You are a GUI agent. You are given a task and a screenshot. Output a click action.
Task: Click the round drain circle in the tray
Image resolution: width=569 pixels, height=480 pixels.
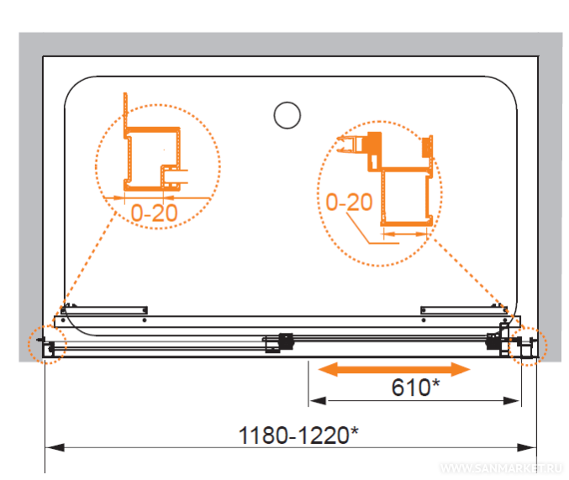(x=287, y=115)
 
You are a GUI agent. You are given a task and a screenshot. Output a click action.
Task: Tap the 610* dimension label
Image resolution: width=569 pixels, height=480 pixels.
(x=415, y=387)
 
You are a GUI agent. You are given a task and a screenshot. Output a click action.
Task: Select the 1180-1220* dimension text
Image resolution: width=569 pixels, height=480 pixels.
(x=298, y=435)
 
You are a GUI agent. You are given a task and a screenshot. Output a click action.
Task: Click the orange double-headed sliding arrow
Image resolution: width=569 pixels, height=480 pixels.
(x=394, y=369)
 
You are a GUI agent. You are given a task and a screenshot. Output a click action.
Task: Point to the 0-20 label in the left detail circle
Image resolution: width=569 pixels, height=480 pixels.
(x=154, y=213)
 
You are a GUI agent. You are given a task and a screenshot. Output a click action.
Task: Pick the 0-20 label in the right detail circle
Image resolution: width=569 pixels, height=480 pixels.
(x=349, y=202)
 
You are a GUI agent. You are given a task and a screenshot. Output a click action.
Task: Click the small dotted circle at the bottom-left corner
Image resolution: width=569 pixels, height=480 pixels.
(x=48, y=344)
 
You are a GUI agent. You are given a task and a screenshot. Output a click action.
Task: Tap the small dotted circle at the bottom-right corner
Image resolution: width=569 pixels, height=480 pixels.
(x=528, y=345)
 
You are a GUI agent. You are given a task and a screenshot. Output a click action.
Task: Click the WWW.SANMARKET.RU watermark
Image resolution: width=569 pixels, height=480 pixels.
(x=501, y=468)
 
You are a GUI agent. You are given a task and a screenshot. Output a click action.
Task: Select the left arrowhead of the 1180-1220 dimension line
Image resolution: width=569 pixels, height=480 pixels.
(x=55, y=447)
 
